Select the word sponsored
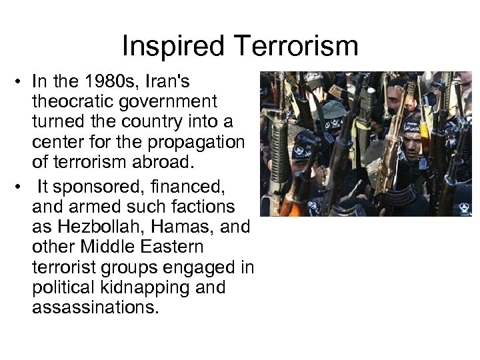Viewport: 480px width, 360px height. tap(91, 185)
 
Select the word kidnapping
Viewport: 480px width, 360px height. tap(150, 288)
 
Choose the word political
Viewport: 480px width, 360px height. tap(61, 288)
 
